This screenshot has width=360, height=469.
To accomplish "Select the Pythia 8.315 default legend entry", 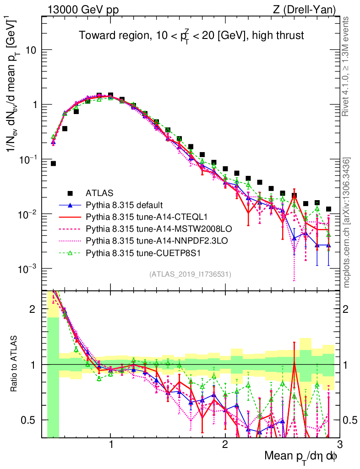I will point(125,204).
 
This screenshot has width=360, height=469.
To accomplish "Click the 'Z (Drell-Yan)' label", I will point(310,9).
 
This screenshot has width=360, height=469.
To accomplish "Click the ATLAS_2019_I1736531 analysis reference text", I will point(190,274).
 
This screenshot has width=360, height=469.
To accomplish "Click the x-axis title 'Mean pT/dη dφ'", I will point(300,457).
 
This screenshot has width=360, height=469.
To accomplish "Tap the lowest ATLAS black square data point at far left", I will point(53,164).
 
